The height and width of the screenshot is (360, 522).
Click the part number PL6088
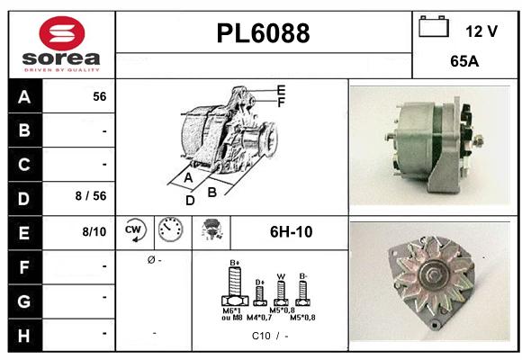pos(263,33)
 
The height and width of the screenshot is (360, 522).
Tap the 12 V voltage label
pos(481,31)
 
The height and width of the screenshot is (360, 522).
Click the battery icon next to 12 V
pos(434,28)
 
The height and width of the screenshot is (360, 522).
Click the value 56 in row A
pos(99,97)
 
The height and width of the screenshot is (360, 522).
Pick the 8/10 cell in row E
pos(94,232)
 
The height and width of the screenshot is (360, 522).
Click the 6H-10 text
pos(291,232)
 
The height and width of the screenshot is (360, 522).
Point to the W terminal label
pos(281,276)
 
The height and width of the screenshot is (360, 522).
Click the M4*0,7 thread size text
pos(261,318)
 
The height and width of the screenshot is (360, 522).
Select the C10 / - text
pos(270,337)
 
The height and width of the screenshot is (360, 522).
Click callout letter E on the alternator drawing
pos(281,90)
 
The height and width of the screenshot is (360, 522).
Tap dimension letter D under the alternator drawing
pos(190,201)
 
